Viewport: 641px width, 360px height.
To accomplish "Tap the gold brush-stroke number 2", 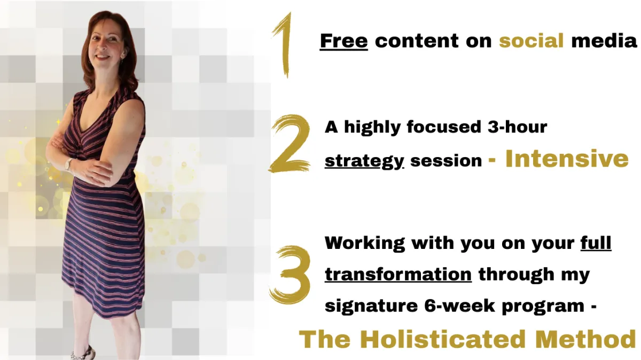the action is click(x=290, y=144).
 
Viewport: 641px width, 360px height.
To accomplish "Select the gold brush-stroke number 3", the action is click(x=290, y=275).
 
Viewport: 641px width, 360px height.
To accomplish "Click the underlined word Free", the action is click(x=343, y=41).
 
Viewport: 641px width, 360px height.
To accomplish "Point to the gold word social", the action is click(x=531, y=41).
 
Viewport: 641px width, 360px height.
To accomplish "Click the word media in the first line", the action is click(x=604, y=41).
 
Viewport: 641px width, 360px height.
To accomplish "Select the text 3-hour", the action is click(x=518, y=127).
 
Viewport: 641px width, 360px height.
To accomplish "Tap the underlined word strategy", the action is click(x=364, y=161).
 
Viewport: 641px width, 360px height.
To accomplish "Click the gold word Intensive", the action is click(x=567, y=159).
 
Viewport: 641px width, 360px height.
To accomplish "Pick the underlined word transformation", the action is click(x=398, y=274).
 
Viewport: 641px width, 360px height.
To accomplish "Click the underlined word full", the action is click(x=596, y=242).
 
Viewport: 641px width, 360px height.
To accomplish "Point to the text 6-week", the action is click(x=459, y=306).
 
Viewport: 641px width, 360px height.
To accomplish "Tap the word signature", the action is click(x=371, y=306).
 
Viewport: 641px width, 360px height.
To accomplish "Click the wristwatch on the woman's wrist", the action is click(x=69, y=165).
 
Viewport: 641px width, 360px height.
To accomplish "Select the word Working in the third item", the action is click(x=365, y=243).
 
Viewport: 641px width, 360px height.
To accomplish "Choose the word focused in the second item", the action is click(x=444, y=127).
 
